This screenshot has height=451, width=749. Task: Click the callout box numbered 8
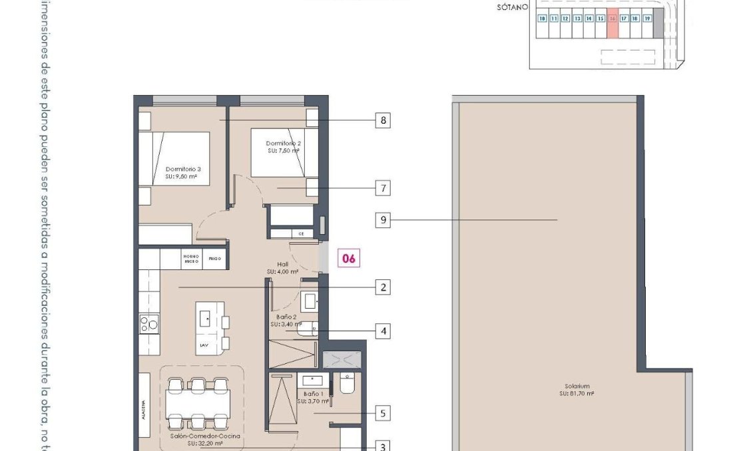[382, 120]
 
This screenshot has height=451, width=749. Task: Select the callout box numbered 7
[382, 188]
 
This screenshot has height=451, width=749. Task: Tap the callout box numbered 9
[382, 220]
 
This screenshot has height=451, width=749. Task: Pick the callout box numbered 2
[382, 287]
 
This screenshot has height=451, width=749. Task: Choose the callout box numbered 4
[382, 331]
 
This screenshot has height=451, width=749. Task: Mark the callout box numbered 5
[382, 413]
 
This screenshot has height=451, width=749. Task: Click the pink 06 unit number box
[349, 258]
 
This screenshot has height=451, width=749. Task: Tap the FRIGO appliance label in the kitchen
[214, 258]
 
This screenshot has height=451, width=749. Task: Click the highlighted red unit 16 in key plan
[612, 19]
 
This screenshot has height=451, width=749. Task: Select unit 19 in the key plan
[646, 19]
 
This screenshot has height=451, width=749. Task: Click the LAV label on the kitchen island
[204, 346]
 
